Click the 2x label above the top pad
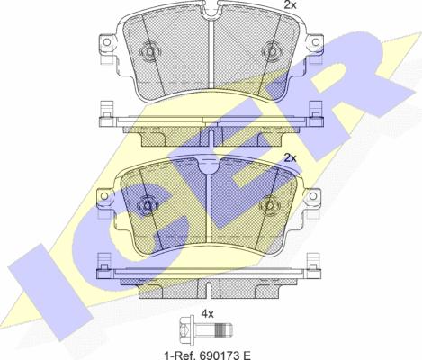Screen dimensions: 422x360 tap(290, 4)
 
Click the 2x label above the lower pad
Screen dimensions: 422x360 tap(290, 158)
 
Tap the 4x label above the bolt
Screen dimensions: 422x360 tap(207, 314)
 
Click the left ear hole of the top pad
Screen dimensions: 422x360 tap(106, 42)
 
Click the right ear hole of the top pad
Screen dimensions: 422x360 tap(316, 42)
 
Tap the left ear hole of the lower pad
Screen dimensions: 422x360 tap(104, 196)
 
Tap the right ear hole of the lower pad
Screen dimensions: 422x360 tap(313, 196)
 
